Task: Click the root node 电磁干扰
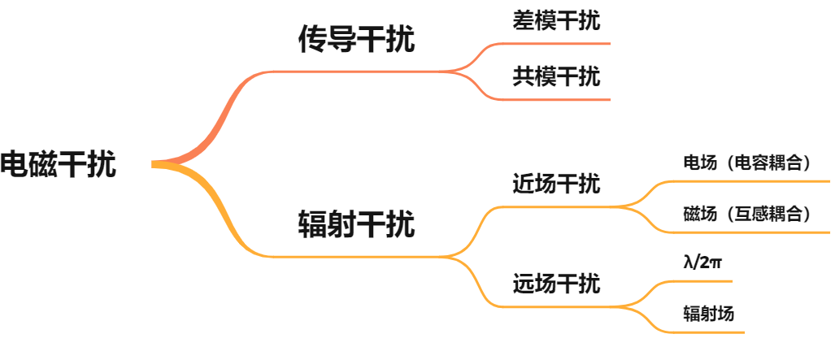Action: coord(59,164)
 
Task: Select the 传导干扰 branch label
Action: coord(357,39)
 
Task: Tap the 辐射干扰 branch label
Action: coord(357,223)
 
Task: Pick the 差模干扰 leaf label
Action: coord(557,21)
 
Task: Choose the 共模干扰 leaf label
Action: coord(557,77)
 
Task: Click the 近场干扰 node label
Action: coord(557,184)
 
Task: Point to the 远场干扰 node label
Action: coord(557,284)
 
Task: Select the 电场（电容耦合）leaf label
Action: coord(748,163)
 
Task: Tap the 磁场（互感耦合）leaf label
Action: coord(748,214)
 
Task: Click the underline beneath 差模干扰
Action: coord(561,43)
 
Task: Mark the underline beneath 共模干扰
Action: coord(561,100)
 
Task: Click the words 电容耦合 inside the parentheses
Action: coord(768,163)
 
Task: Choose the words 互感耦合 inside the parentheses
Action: coord(768,214)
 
